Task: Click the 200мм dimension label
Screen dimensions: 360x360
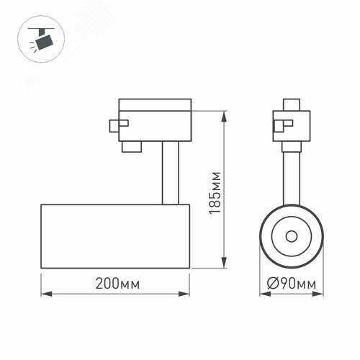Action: [x=116, y=284]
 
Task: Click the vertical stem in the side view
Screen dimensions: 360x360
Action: [x=171, y=173]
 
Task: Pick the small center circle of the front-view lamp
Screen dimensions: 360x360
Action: [x=291, y=236]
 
